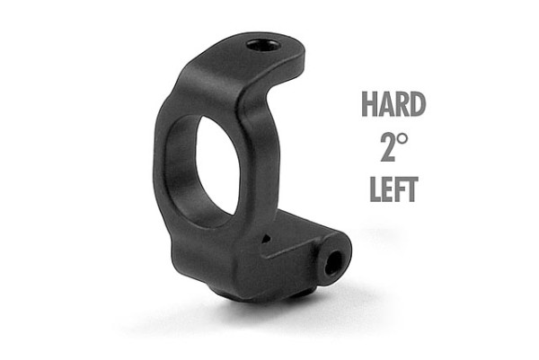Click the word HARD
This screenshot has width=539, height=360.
point(393,104)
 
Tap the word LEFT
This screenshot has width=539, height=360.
point(394,189)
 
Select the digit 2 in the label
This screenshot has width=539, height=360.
point(388,147)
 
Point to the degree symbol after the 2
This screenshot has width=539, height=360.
point(403,139)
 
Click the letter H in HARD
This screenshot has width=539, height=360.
point(369,104)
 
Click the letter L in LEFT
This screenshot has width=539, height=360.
point(376,189)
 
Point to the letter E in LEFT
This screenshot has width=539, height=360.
point(388,189)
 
